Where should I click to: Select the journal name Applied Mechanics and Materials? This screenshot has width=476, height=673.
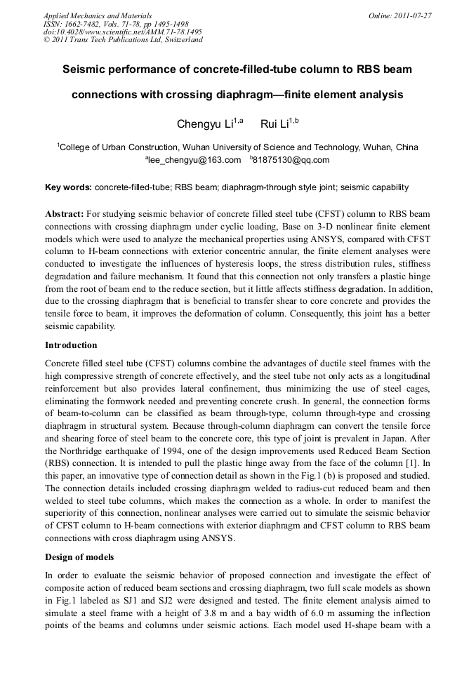98,15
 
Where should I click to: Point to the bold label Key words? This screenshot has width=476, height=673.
68,187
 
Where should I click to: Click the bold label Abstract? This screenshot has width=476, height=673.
65,213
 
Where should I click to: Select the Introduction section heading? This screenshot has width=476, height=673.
71,345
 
